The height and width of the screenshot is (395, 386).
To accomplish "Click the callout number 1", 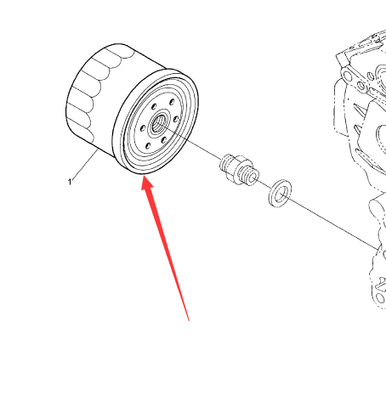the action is [x=70, y=182].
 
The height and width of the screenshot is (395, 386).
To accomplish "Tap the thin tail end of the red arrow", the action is [x=189, y=320].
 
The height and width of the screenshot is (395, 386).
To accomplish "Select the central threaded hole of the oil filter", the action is [x=157, y=124].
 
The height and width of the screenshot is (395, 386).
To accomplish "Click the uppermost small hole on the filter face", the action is [x=172, y=102].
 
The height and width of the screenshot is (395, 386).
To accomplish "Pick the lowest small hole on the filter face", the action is [x=148, y=146].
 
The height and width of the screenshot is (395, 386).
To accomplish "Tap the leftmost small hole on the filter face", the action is [x=143, y=129].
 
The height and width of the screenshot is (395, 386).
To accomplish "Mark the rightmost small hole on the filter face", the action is [x=176, y=119].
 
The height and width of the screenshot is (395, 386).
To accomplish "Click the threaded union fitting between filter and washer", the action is [x=240, y=170].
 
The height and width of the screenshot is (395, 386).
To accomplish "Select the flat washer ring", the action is [x=280, y=193].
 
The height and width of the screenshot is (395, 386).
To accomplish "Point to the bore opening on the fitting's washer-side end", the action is [x=253, y=178].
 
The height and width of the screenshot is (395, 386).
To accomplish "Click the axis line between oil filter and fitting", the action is [x=189, y=142].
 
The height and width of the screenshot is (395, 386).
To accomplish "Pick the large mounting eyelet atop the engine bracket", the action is [x=347, y=76].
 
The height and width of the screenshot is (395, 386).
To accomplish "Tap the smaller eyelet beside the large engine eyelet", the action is [x=360, y=85].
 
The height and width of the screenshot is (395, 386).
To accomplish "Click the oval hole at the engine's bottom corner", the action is [x=380, y=298].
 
